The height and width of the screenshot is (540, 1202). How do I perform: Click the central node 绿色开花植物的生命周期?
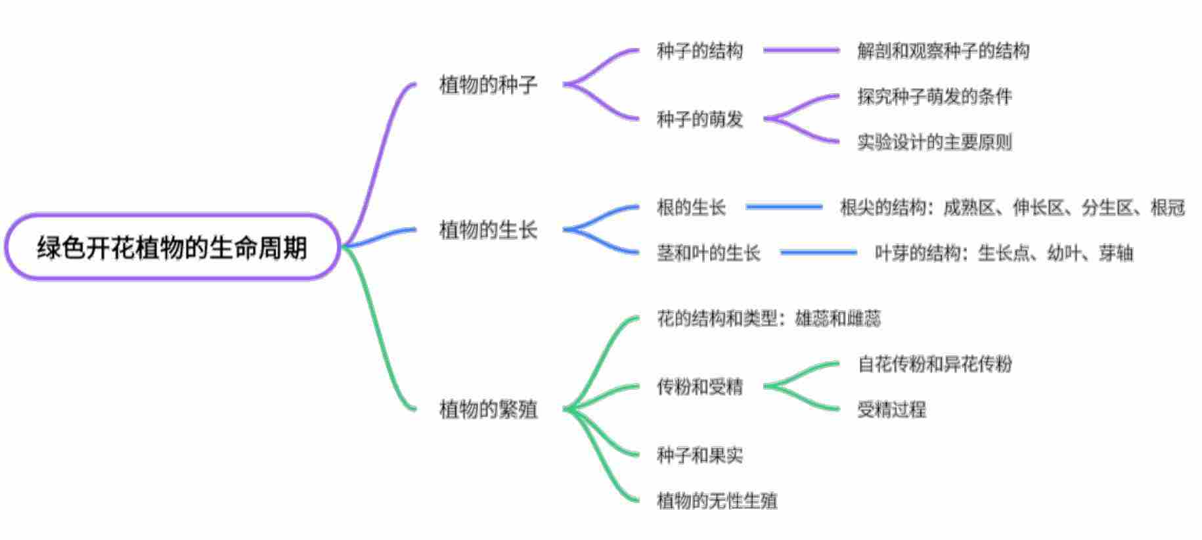pyautogui.click(x=172, y=248)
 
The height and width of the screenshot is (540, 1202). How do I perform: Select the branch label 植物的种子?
pyautogui.click(x=488, y=85)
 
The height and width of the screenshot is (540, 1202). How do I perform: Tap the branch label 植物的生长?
pyautogui.click(x=488, y=230)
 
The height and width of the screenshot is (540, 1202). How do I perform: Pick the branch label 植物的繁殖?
pyautogui.click(x=488, y=409)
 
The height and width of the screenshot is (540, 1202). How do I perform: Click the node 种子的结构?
pyautogui.click(x=700, y=51)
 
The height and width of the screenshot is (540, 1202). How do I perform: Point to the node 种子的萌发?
pyautogui.click(x=700, y=119)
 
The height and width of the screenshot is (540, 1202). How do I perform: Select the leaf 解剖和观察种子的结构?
pyautogui.click(x=943, y=51)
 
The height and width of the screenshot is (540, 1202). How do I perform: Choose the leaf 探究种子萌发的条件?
pyautogui.click(x=934, y=97)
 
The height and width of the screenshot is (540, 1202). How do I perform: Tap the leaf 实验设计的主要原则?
pyautogui.click(x=934, y=142)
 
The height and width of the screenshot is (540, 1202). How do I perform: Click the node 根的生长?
pyautogui.click(x=691, y=208)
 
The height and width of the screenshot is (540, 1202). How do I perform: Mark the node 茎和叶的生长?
pyautogui.click(x=708, y=253)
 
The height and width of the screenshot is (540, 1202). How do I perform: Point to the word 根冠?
pyautogui.click(x=1167, y=208)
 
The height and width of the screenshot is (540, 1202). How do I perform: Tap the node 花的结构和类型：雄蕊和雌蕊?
pyautogui.click(x=768, y=319)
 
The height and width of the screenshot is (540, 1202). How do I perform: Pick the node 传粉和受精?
pyautogui.click(x=700, y=387)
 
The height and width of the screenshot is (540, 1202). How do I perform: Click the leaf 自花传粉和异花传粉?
pyautogui.click(x=934, y=364)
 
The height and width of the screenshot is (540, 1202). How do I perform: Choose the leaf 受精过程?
pyautogui.click(x=891, y=410)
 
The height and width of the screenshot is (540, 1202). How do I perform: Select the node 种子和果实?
pyautogui.click(x=700, y=455)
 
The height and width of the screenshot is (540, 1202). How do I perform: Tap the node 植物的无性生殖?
pyautogui.click(x=717, y=501)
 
